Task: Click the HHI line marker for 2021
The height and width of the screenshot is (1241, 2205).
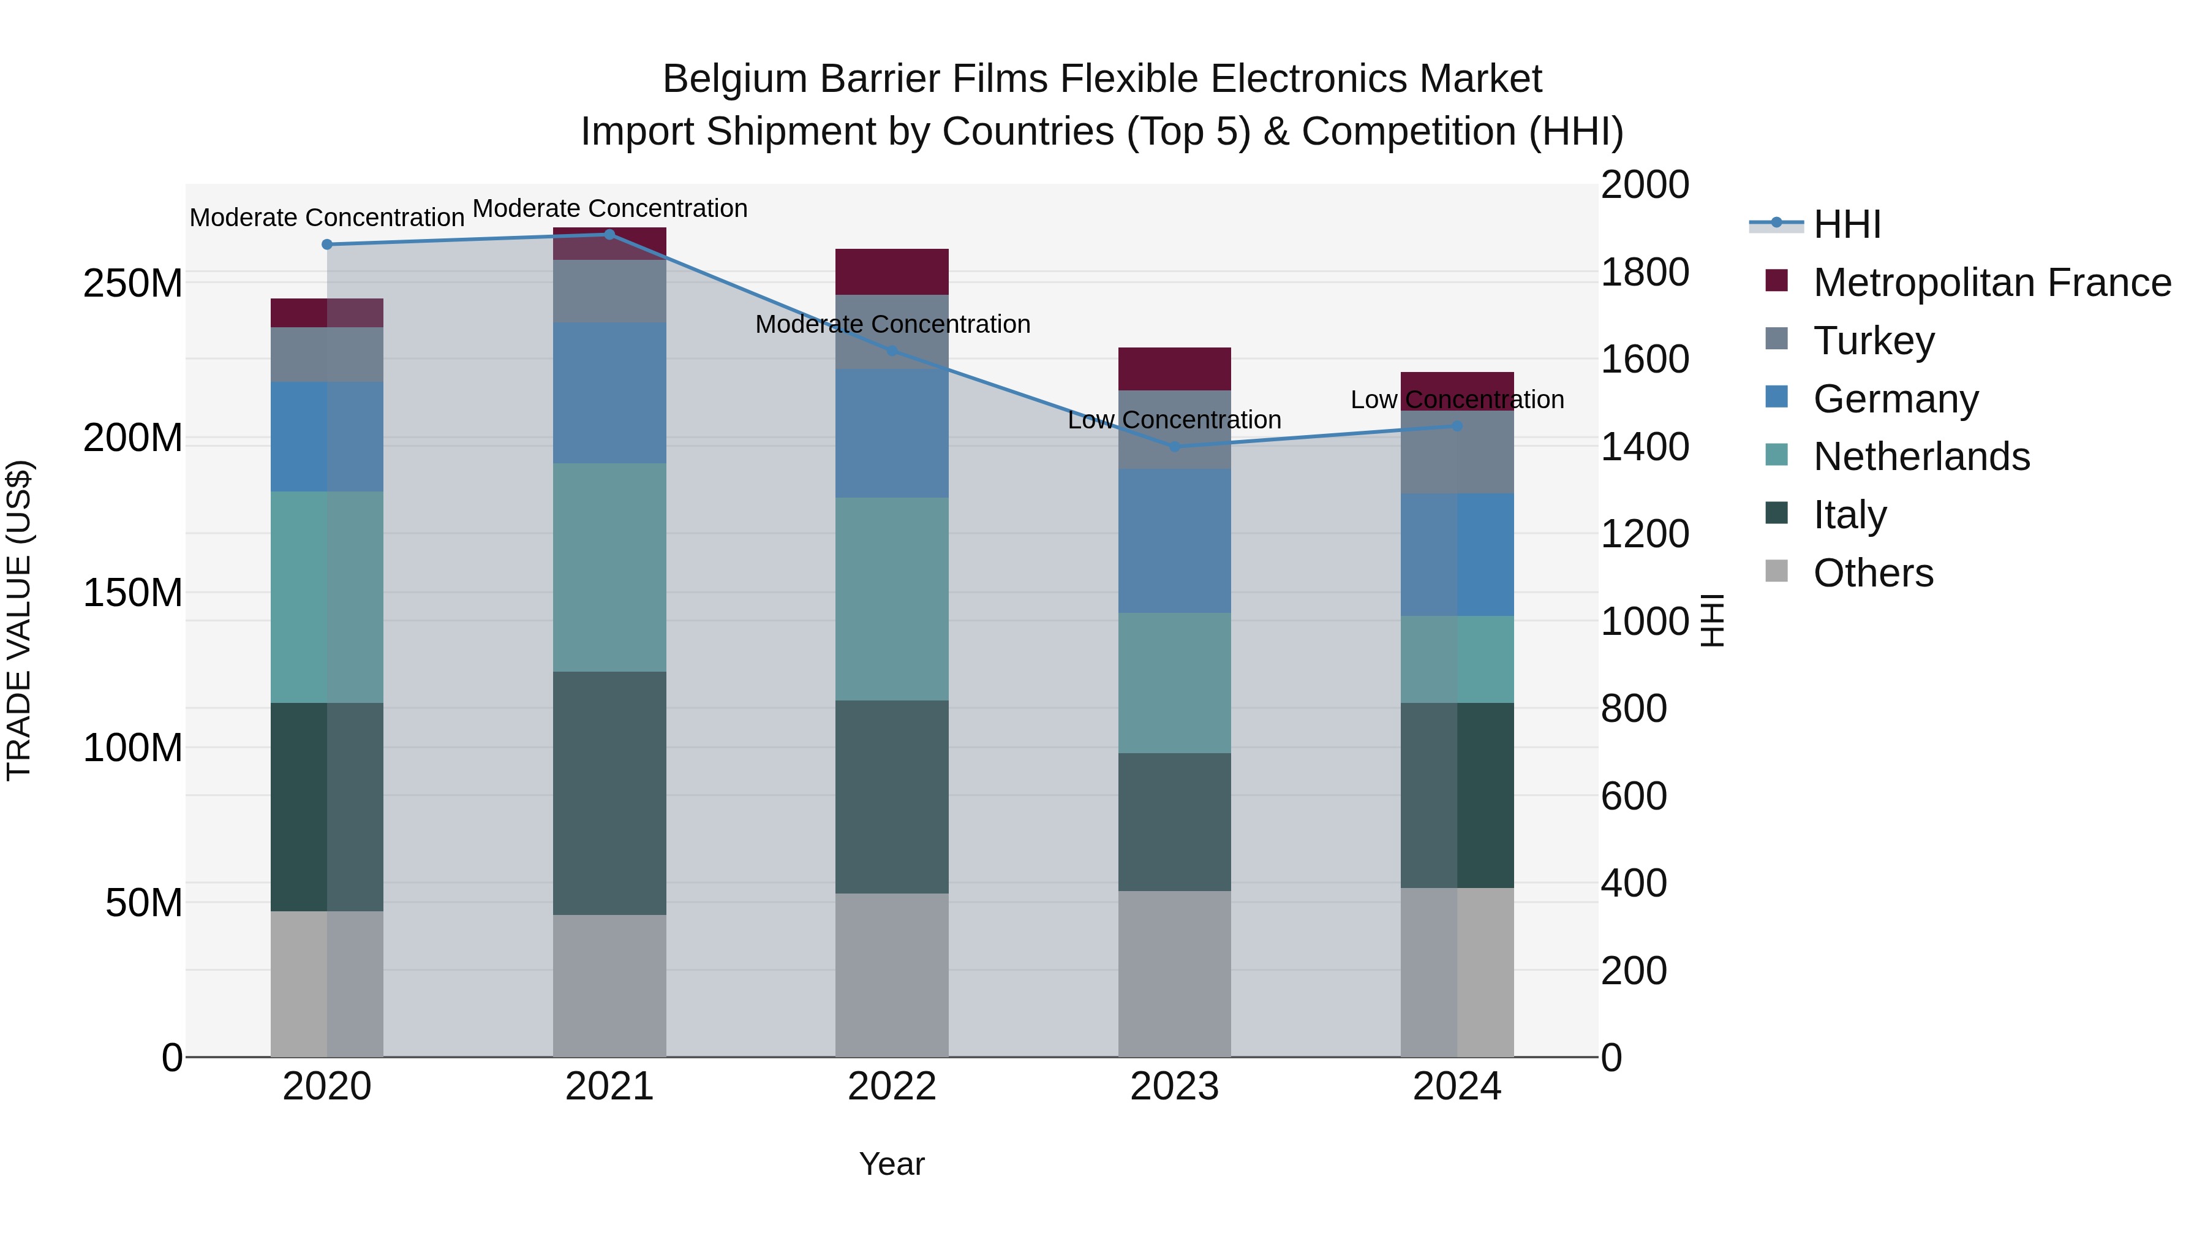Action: [x=609, y=235]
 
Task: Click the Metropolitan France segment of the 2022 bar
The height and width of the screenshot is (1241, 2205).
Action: [x=892, y=272]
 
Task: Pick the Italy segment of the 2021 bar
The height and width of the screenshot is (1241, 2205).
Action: [x=609, y=793]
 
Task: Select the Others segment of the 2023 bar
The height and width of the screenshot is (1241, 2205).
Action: [x=1174, y=974]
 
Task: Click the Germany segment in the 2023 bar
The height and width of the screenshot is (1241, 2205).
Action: [x=1174, y=541]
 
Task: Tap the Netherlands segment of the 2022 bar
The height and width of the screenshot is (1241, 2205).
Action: [x=892, y=599]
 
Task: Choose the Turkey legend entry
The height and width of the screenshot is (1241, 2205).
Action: [x=1873, y=341]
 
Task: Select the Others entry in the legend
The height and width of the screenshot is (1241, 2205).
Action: [x=1873, y=573]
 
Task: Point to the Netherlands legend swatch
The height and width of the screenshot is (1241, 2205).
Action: [x=1777, y=457]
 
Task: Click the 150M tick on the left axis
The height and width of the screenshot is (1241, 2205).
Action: [x=133, y=593]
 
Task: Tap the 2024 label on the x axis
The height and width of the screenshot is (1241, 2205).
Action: [x=1457, y=1087]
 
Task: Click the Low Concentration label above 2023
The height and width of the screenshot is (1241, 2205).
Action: [x=1174, y=420]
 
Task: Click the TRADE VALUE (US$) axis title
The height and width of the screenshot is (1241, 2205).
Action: [x=19, y=620]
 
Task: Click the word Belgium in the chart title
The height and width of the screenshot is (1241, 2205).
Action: [x=734, y=80]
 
